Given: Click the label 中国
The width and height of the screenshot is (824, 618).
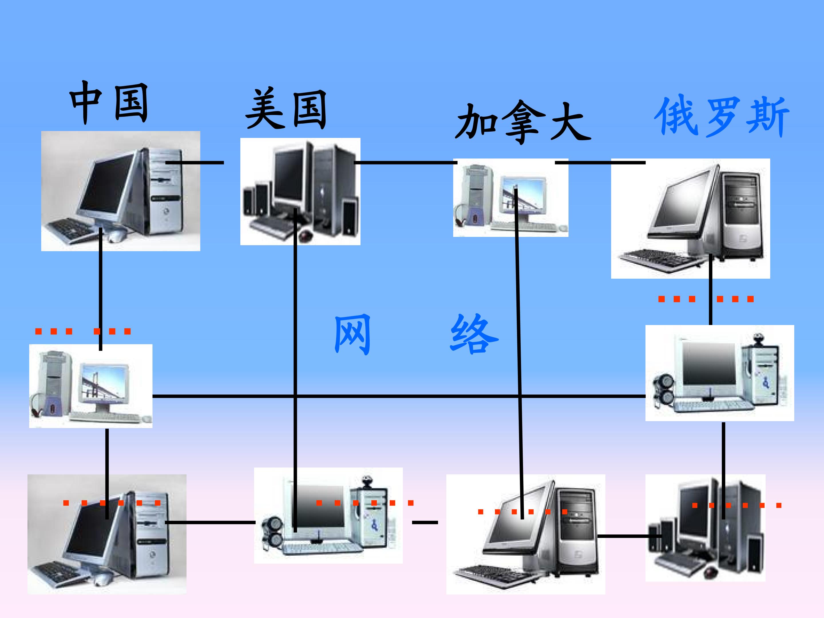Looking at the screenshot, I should tap(109, 102).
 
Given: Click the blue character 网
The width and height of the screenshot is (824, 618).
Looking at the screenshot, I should tap(352, 334).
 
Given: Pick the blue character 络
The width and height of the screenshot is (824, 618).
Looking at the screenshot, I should tap(474, 334).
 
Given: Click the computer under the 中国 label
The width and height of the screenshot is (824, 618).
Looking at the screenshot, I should tap(120, 191).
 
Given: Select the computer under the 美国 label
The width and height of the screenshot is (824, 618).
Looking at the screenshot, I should tap(300, 191).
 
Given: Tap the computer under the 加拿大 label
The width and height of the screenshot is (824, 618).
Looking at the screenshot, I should tap(510, 198).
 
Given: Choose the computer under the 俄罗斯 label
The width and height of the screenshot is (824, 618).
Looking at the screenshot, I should tap(690, 218).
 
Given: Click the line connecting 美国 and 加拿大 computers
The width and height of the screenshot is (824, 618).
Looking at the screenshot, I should tap(405, 163).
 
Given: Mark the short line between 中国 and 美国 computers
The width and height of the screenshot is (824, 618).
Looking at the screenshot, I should tap(195, 163).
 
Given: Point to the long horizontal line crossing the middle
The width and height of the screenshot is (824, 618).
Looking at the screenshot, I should tap(399, 396).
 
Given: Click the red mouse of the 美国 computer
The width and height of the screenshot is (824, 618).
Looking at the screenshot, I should tap(306, 235).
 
